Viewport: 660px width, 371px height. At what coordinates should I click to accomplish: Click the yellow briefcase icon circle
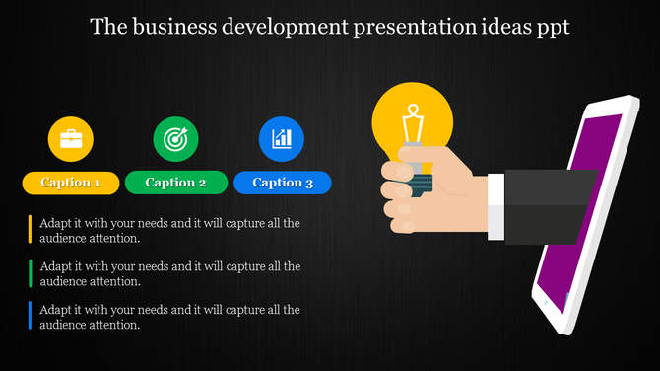(71, 139)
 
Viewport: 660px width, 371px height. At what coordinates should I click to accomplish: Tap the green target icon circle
(176, 139)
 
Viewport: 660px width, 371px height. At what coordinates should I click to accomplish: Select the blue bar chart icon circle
(282, 139)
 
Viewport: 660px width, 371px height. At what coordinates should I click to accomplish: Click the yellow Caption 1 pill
(71, 183)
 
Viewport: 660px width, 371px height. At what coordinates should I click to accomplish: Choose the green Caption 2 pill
(176, 183)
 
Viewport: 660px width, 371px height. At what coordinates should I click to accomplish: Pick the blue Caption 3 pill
(283, 183)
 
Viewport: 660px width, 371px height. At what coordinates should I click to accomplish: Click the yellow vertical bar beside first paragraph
(31, 230)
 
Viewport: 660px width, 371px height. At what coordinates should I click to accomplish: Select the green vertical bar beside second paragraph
(31, 273)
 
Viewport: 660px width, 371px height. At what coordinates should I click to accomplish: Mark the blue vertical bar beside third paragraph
(31, 317)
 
